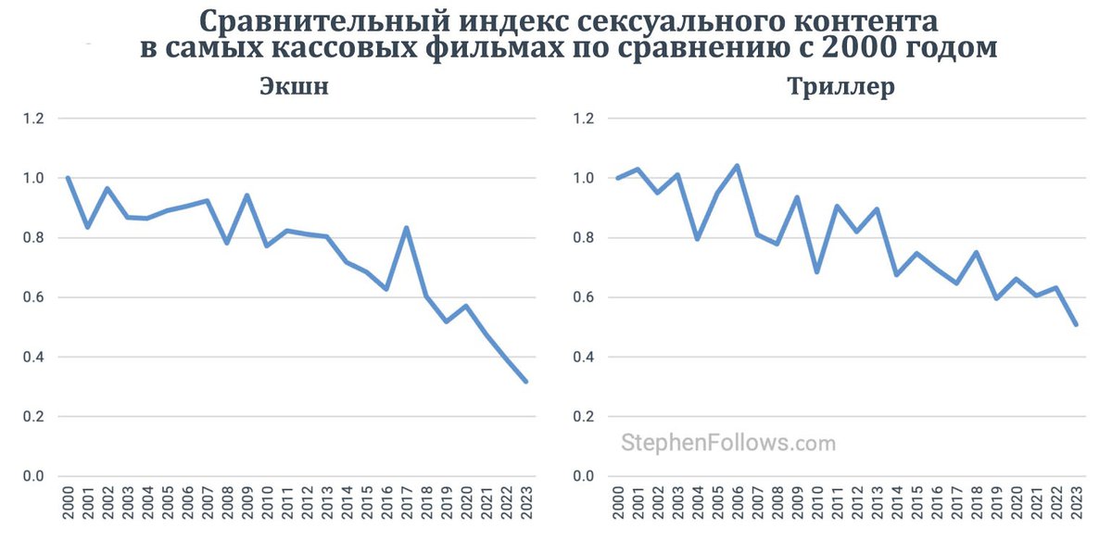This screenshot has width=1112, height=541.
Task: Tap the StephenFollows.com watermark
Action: pos(727,443)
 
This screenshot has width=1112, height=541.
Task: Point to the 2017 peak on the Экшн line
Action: pos(407,228)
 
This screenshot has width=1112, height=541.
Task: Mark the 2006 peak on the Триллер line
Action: pos(737,166)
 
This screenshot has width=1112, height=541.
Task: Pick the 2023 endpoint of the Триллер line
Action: pos(1076,324)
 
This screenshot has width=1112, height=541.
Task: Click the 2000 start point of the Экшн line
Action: pos(68,178)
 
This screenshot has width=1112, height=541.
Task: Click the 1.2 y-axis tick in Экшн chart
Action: pos(33,119)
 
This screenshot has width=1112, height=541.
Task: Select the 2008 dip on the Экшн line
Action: pos(227,243)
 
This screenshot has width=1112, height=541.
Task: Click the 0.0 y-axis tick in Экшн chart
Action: pos(33,476)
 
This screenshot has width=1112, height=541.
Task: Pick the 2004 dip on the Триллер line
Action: pos(697,239)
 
